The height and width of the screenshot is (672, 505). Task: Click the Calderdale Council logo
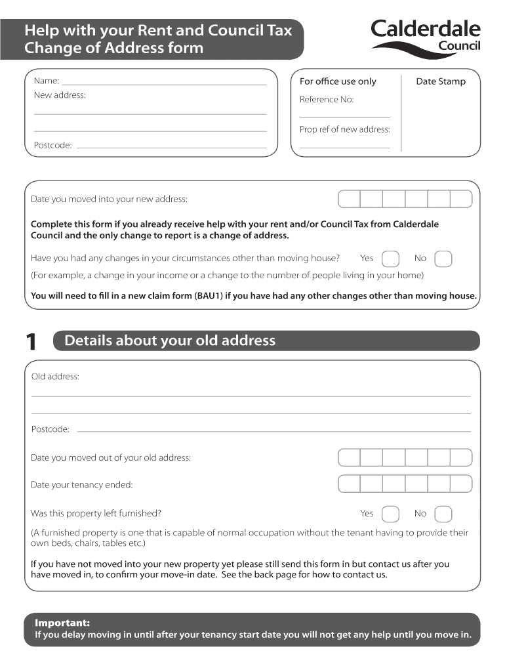tap(426, 37)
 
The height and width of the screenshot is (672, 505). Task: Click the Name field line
tap(164, 84)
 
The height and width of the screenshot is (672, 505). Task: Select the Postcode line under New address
tap(172, 147)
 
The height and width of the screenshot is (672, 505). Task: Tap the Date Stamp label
tap(441, 81)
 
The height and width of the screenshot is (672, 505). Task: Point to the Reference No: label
tap(327, 100)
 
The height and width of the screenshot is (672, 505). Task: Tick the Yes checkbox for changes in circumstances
tap(390, 259)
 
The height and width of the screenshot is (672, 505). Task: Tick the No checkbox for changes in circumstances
tap(443, 259)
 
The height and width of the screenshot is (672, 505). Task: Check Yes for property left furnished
tap(390, 514)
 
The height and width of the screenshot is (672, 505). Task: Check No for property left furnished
tap(443, 514)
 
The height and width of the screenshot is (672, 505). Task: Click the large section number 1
tap(30, 342)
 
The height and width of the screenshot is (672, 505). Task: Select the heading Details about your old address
tap(170, 341)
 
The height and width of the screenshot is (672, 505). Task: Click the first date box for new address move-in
tap(349, 199)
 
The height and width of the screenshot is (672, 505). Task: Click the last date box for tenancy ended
tap(460, 484)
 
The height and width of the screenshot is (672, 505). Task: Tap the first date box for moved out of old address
tap(349, 457)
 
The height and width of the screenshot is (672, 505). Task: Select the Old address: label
tap(55, 377)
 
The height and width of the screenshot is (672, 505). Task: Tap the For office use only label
tap(338, 81)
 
